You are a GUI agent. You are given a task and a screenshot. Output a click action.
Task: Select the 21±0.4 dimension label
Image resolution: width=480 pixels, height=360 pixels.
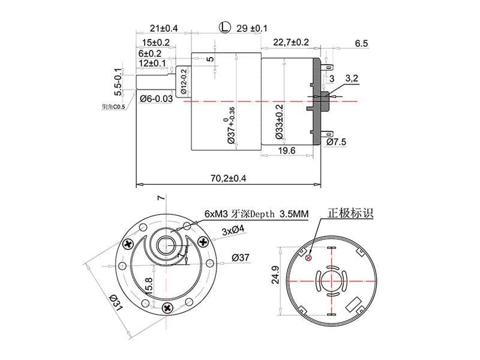(x=163, y=29)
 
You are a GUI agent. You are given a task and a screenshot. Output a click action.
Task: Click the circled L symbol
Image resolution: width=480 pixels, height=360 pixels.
(x=224, y=28)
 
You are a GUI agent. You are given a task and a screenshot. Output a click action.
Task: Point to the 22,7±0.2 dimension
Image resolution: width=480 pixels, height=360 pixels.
(x=291, y=42)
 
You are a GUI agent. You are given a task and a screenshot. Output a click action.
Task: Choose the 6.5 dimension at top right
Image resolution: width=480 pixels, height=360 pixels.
(x=361, y=43)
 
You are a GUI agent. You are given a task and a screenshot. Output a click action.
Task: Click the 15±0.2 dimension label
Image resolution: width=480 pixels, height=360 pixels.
(x=156, y=43)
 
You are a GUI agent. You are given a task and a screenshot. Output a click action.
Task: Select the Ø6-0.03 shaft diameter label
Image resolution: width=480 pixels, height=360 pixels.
(x=156, y=98)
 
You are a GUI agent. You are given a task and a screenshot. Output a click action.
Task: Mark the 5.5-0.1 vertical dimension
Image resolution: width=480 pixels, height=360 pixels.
(x=119, y=82)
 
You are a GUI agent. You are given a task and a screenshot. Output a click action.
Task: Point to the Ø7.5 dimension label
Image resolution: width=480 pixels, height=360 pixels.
(x=337, y=142)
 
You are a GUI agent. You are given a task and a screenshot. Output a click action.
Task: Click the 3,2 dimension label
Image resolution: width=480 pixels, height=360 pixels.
(x=352, y=79)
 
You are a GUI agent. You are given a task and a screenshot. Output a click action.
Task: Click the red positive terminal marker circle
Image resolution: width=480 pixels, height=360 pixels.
(x=308, y=258)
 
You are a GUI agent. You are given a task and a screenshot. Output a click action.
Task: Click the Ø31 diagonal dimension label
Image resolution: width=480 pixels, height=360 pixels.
(x=116, y=303)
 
